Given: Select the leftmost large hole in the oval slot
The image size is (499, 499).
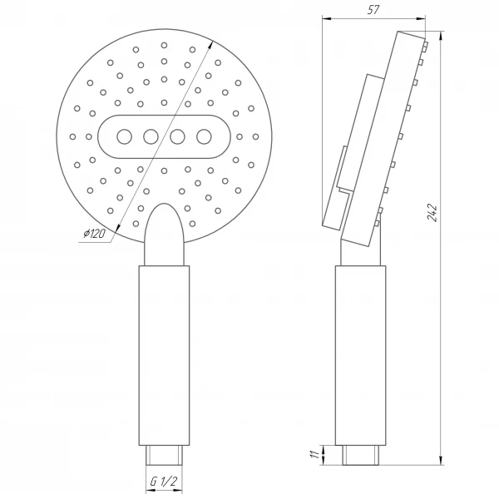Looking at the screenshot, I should click(x=124, y=136).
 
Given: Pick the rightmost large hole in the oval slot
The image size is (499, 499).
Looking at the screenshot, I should click(x=203, y=136).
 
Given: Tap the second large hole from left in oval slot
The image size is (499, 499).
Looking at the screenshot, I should click(x=151, y=136).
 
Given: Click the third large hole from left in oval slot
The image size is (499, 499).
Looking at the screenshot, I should click(x=177, y=136).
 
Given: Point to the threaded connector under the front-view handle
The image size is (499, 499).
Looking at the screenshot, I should click(x=165, y=457).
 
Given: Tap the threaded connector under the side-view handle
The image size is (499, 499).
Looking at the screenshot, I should click(x=362, y=457).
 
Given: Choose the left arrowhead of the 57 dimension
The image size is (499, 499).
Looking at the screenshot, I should click(x=325, y=17).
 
